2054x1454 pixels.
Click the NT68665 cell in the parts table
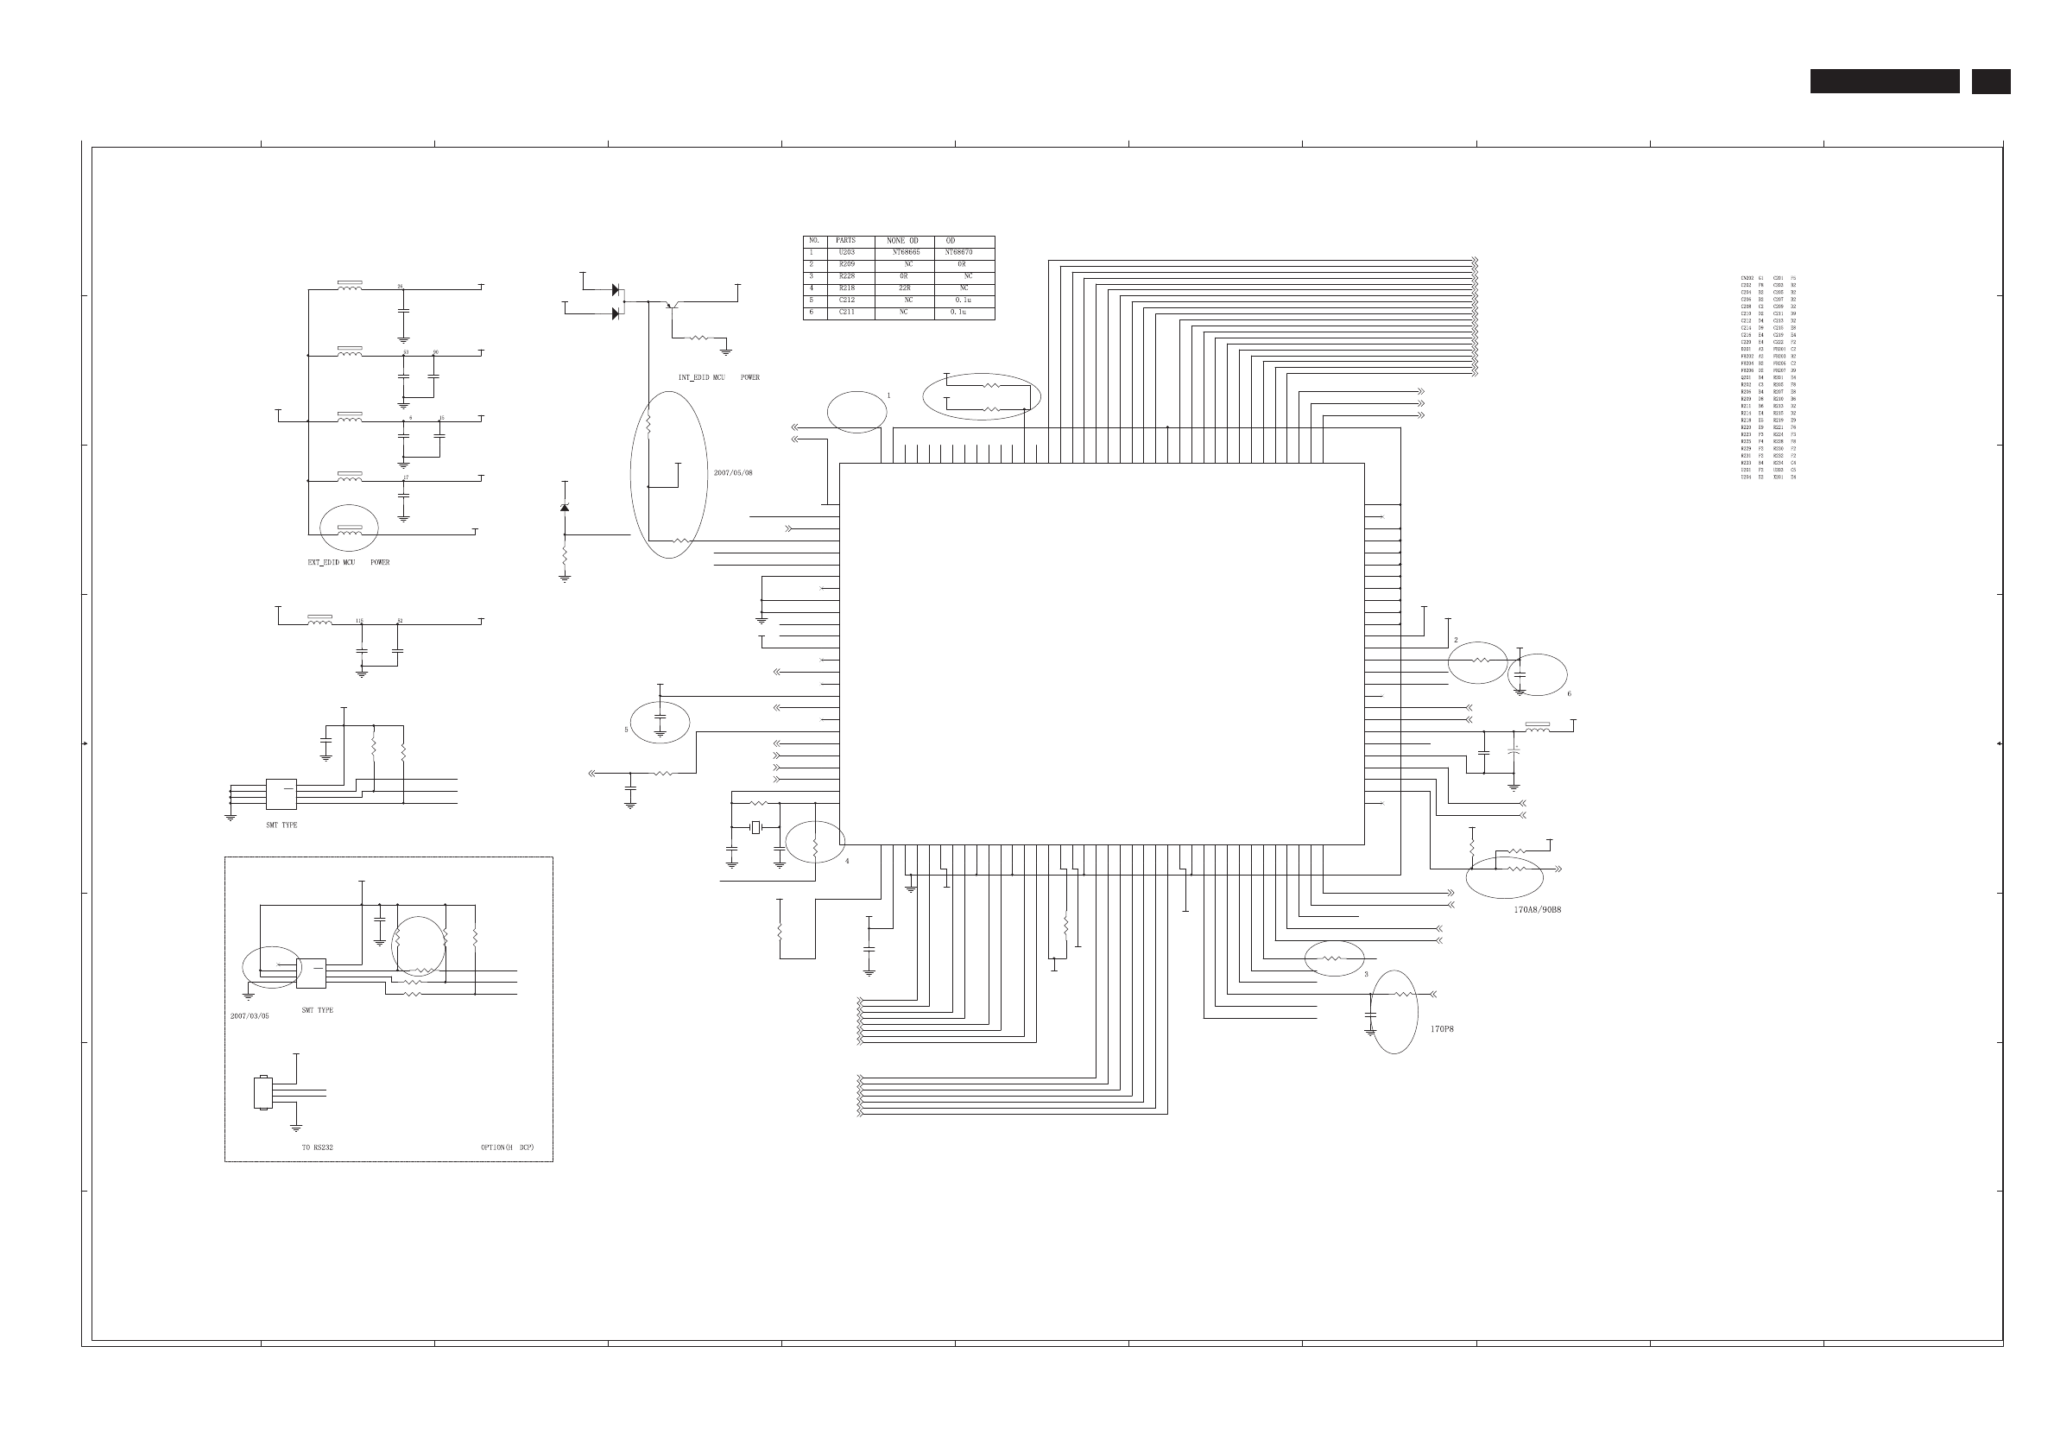click(x=905, y=252)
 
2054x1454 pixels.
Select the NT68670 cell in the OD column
click(x=958, y=252)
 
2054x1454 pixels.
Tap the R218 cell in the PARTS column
click(x=846, y=288)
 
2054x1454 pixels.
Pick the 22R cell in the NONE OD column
click(x=904, y=288)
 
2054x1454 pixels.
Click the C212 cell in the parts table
click(x=846, y=300)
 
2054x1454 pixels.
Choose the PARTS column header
click(x=845, y=241)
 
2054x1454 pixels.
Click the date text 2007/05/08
click(x=732, y=473)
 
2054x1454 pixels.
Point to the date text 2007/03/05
click(x=249, y=1016)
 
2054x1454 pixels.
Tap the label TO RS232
click(x=317, y=1147)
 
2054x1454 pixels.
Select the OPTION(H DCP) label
click(x=507, y=1147)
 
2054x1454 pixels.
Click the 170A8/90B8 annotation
click(x=1538, y=910)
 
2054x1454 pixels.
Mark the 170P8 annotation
click(x=1442, y=1028)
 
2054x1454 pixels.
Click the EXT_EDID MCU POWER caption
click(x=348, y=562)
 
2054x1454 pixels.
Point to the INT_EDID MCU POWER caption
click(x=718, y=378)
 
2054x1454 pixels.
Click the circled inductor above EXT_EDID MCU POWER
click(x=350, y=530)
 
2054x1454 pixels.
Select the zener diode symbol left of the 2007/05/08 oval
click(x=564, y=508)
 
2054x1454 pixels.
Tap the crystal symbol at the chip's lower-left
click(x=755, y=827)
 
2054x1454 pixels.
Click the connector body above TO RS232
click(x=262, y=1092)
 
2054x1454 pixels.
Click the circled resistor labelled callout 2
click(x=1478, y=661)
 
